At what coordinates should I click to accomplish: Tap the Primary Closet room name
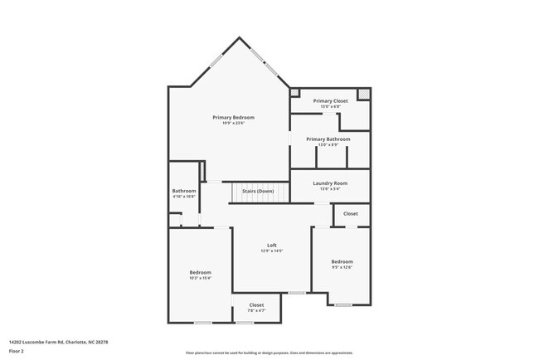point(330,101)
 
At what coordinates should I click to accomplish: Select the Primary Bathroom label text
point(328,139)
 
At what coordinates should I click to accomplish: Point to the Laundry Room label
point(329,182)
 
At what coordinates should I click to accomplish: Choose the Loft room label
point(271,246)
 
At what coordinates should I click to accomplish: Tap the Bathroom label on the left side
point(184,191)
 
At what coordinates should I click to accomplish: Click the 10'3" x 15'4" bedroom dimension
point(200,279)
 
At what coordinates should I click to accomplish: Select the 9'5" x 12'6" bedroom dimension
point(342,267)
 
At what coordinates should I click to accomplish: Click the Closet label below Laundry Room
point(351,214)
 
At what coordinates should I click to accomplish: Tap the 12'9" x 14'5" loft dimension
point(271,251)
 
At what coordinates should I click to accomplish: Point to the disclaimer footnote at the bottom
point(269,353)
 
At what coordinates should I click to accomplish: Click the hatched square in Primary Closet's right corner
point(362,93)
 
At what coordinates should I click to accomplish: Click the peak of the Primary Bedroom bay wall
point(240,38)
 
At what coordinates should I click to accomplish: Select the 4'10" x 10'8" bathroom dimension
point(184,197)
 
